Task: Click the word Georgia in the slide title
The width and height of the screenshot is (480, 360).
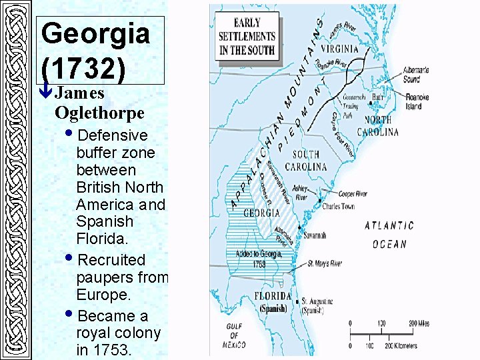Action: click(x=95, y=33)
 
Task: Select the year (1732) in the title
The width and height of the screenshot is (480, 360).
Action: click(x=89, y=69)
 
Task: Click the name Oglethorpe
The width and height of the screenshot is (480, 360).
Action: click(x=99, y=111)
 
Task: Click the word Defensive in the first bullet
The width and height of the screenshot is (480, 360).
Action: click(x=113, y=135)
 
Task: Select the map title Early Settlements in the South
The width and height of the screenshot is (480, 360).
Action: click(x=247, y=37)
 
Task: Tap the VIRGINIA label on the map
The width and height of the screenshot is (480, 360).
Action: click(x=339, y=49)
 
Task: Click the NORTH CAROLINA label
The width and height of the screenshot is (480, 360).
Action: click(x=379, y=126)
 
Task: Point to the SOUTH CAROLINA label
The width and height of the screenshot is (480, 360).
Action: click(x=306, y=160)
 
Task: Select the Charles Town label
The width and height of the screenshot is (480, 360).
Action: click(x=339, y=207)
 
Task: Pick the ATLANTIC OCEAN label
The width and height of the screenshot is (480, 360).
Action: click(x=389, y=235)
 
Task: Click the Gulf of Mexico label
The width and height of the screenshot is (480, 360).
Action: click(x=234, y=335)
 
